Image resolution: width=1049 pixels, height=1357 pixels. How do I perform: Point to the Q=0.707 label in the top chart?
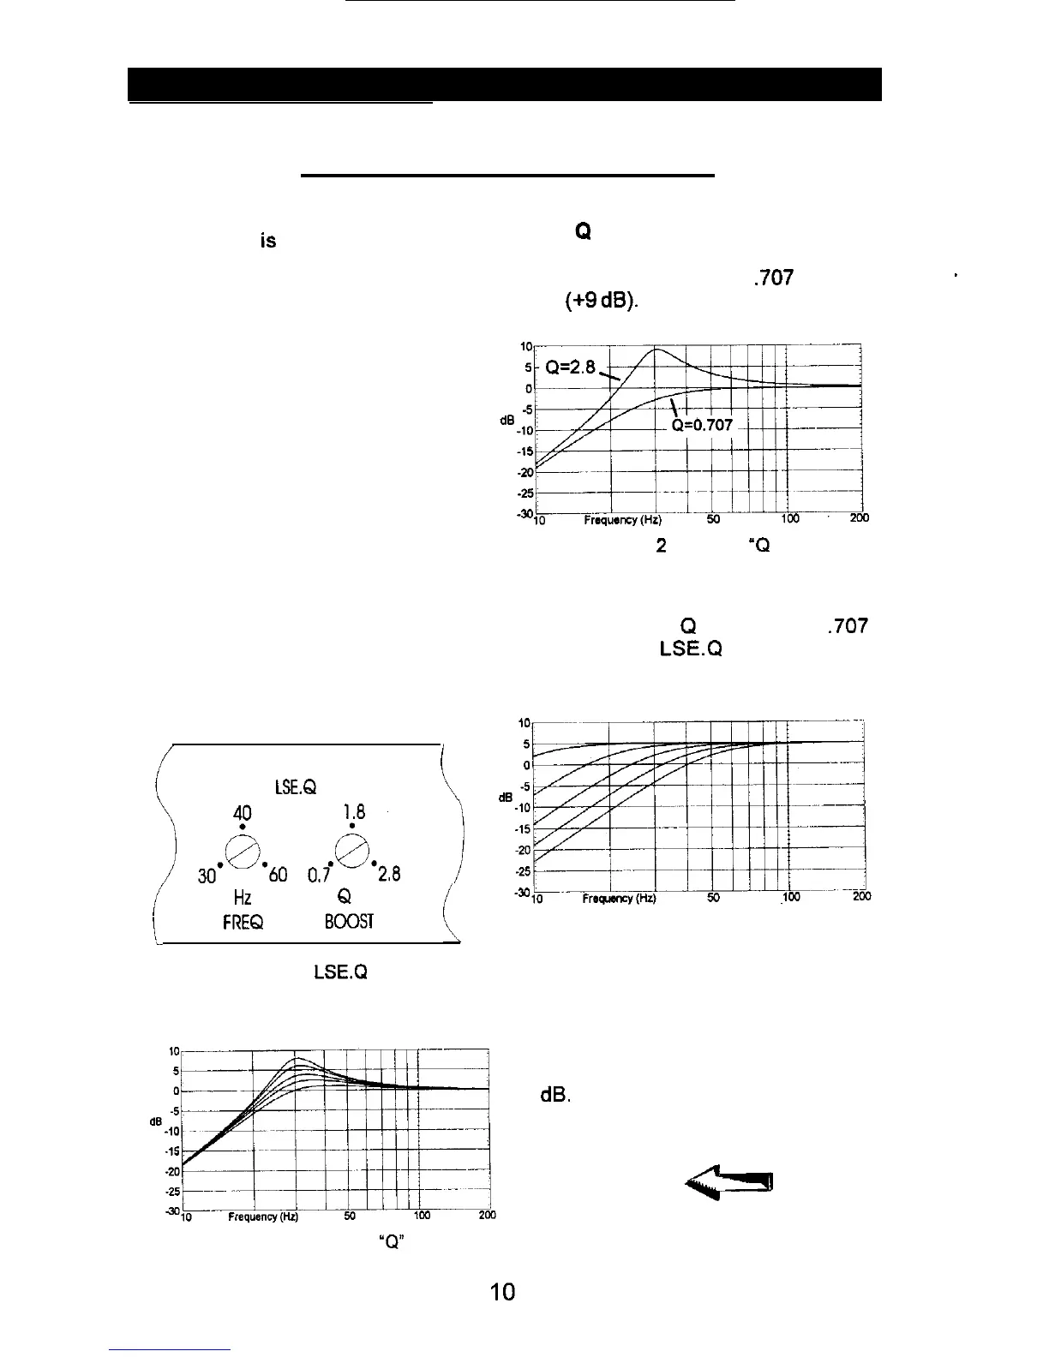coord(701,426)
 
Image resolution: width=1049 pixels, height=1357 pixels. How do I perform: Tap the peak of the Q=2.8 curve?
coord(656,350)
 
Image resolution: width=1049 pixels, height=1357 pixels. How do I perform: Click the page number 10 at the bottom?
coord(503,1293)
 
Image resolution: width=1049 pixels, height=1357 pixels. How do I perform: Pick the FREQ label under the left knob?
coord(243,922)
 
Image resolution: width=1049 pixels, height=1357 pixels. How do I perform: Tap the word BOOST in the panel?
coord(349,922)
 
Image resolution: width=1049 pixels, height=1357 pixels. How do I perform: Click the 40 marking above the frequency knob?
coord(243,811)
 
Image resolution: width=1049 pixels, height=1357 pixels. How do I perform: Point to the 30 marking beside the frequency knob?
coord(207,876)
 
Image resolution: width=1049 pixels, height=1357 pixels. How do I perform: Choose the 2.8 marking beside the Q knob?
coord(388,875)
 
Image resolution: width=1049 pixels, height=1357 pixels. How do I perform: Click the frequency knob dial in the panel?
coord(243,851)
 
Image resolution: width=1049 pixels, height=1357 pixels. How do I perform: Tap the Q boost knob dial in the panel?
coord(352,851)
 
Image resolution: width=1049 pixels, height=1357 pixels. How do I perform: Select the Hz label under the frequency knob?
coord(243,898)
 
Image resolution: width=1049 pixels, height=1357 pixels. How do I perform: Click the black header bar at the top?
coord(505,84)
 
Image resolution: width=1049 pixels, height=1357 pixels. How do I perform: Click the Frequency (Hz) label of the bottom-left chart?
coord(263,1217)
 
